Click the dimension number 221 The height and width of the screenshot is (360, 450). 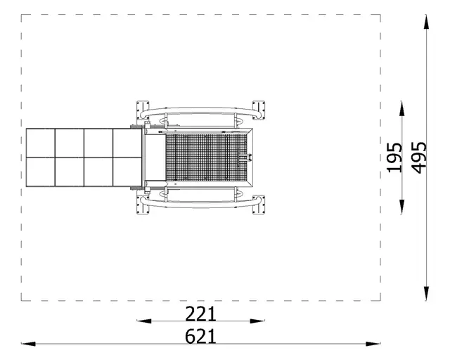pos(200,313)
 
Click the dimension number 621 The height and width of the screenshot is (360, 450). pos(200,336)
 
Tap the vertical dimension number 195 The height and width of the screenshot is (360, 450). pos(394,157)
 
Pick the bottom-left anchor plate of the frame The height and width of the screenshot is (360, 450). pos(143,206)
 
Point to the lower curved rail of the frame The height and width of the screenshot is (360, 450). pos(200,203)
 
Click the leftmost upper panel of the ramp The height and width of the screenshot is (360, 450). pos(41,143)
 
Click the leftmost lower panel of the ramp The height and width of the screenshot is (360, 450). pos(41,172)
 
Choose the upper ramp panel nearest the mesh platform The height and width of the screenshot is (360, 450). pos(127,143)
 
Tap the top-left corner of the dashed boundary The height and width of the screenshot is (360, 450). pos(22,14)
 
